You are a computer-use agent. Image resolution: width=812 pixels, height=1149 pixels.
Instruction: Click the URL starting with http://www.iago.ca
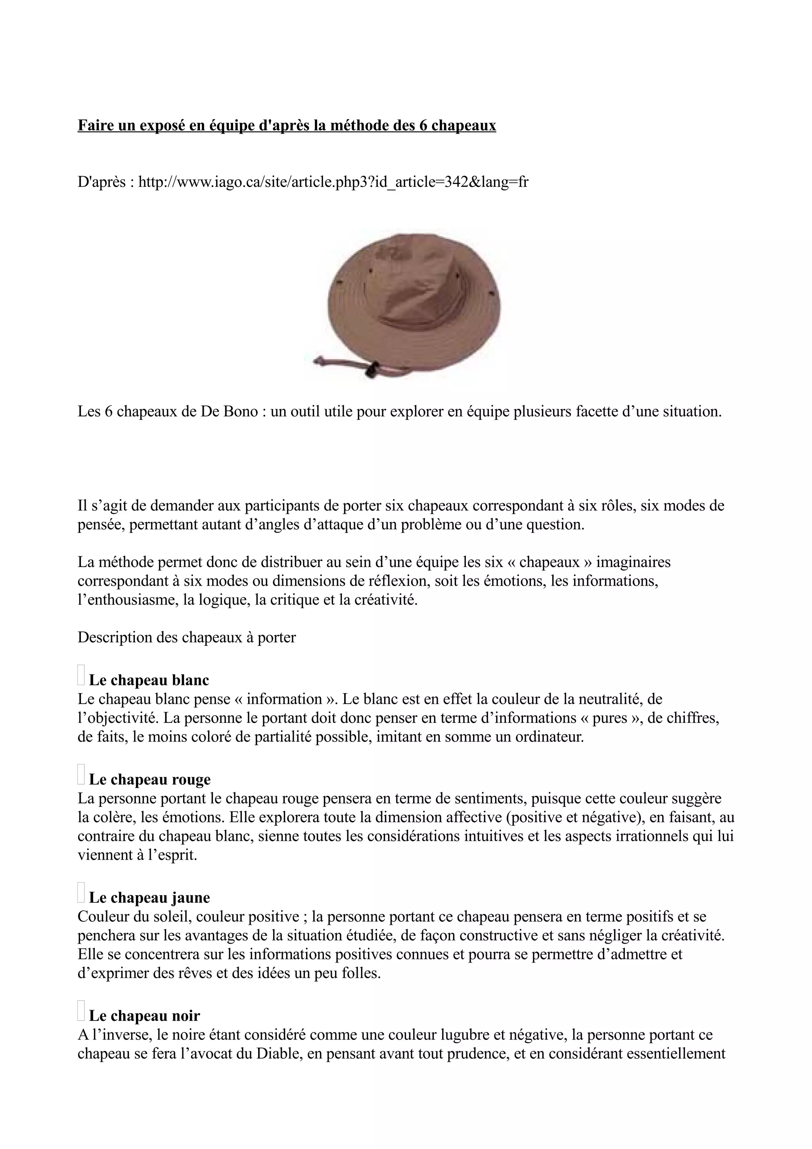(x=333, y=182)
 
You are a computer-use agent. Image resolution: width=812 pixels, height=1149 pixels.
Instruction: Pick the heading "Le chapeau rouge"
(x=149, y=779)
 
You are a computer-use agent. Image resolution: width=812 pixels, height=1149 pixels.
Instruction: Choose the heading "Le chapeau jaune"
(x=149, y=897)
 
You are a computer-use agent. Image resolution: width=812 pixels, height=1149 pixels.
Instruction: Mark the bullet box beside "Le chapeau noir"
(x=81, y=1010)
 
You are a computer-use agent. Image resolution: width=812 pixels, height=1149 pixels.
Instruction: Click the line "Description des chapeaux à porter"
(x=187, y=638)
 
